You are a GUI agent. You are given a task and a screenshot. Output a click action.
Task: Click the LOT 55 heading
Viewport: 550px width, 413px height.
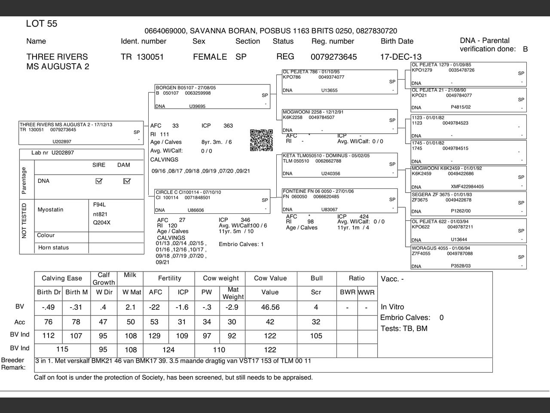[42, 24]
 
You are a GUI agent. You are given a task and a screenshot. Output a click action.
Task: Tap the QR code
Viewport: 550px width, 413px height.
[261, 140]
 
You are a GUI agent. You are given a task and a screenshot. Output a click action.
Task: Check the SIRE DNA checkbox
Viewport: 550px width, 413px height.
[99, 181]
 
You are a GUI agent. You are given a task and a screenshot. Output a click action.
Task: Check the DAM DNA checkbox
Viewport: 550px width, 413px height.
[126, 181]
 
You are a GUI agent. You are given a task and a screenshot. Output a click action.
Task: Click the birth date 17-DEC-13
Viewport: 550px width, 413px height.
[400, 57]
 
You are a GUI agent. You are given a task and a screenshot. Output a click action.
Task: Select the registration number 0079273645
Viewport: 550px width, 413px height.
[333, 57]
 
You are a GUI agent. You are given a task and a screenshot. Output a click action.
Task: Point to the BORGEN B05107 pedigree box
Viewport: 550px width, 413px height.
[212, 96]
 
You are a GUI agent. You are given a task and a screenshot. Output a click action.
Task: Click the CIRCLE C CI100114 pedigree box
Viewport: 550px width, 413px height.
[212, 201]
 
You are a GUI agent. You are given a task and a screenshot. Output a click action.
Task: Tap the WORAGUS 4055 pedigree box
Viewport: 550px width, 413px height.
[468, 257]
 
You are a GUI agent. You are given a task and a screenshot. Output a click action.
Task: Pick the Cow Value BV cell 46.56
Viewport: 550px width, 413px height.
[270, 307]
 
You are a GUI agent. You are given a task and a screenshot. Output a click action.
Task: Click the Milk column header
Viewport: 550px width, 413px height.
[130, 275]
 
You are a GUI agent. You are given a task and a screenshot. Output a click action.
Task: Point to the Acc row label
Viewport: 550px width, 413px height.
[20, 322]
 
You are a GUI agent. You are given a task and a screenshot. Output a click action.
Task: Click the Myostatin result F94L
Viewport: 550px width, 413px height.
[99, 204]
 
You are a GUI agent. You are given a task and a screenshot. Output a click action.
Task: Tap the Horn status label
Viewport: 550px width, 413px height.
[53, 247]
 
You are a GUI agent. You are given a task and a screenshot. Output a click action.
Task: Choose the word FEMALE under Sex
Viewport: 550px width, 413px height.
[210, 57]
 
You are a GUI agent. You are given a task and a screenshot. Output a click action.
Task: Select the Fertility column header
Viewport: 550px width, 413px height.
[169, 278]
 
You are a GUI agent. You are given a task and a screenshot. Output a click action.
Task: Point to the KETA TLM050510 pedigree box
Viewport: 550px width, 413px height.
[339, 164]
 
